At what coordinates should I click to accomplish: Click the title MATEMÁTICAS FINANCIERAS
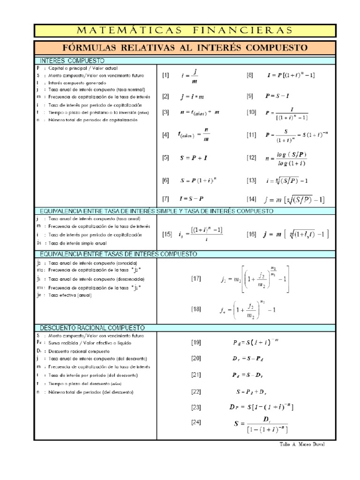[184, 30]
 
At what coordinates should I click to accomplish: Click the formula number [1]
[165, 75]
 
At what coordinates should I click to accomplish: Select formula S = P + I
[194, 158]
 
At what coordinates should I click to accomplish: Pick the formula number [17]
[195, 278]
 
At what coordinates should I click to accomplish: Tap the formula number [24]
[195, 422]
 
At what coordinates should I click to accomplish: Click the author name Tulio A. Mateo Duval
[298, 445]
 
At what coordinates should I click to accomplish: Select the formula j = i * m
[193, 97]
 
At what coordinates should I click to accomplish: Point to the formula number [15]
[167, 234]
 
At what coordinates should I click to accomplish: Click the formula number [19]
[195, 342]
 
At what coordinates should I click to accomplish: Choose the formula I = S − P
[193, 199]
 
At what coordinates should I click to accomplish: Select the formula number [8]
[250, 75]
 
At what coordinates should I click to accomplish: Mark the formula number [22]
[195, 391]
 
